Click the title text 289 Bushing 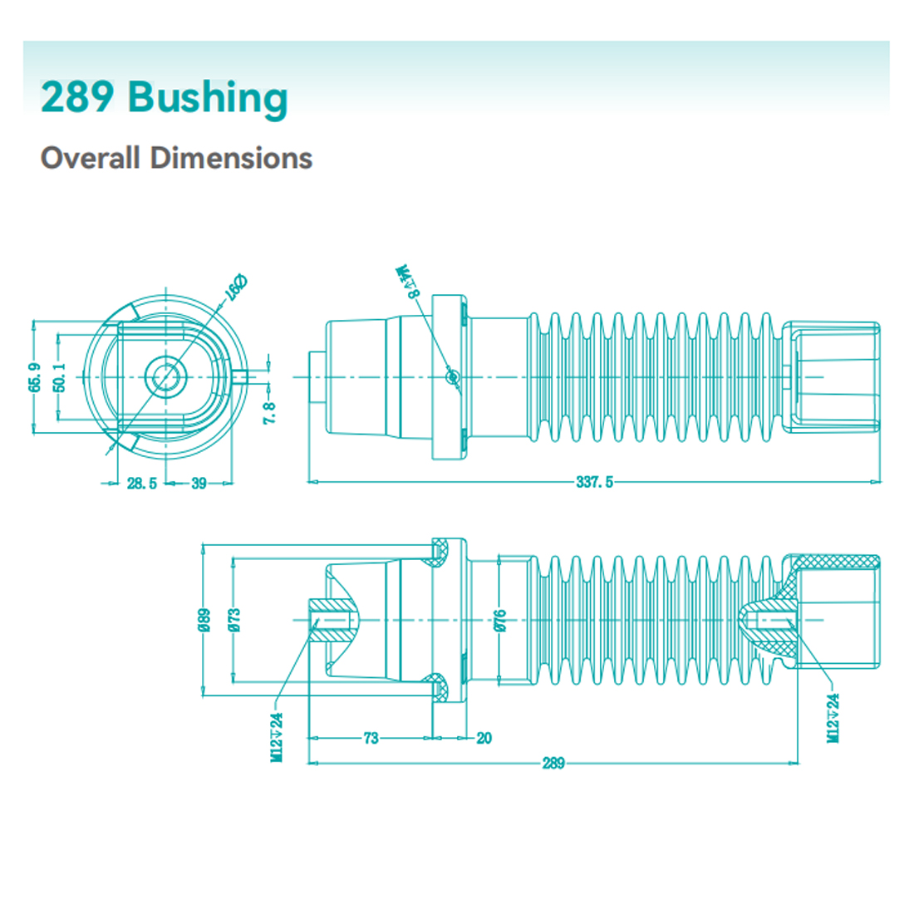pyautogui.click(x=164, y=98)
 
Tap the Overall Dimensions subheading pyautogui.click(x=176, y=158)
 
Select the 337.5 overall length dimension pyautogui.click(x=594, y=482)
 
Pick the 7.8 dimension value pyautogui.click(x=269, y=413)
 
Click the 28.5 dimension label pyautogui.click(x=141, y=484)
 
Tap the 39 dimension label pyautogui.click(x=199, y=484)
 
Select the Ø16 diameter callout pyautogui.click(x=235, y=287)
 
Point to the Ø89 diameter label pyautogui.click(x=204, y=620)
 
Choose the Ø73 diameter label pyautogui.click(x=234, y=620)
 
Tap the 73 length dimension pyautogui.click(x=371, y=738)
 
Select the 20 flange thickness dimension pyautogui.click(x=484, y=738)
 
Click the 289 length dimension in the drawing pyautogui.click(x=553, y=763)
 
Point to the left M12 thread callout pyautogui.click(x=278, y=736)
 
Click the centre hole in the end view pyautogui.click(x=165, y=376)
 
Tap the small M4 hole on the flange pyautogui.click(x=452, y=376)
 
